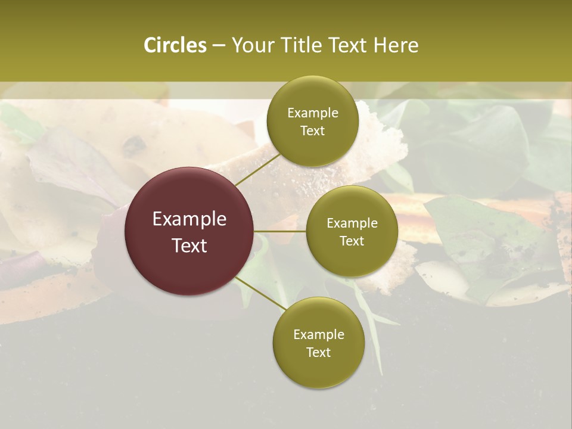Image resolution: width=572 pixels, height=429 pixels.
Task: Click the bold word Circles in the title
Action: [175, 45]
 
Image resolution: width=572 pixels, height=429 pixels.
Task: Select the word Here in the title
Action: [396, 45]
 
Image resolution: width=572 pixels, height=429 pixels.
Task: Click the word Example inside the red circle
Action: [189, 219]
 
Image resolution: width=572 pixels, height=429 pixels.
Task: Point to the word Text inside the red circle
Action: [189, 245]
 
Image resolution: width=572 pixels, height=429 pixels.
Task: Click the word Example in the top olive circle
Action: [312, 113]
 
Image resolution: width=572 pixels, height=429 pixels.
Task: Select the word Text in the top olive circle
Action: [312, 131]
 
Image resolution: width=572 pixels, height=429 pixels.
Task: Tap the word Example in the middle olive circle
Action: [352, 223]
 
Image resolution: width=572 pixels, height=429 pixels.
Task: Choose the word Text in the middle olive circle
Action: [352, 241]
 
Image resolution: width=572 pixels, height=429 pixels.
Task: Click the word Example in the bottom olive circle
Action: [318, 335]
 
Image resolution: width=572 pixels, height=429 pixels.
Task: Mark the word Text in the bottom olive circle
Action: [318, 353]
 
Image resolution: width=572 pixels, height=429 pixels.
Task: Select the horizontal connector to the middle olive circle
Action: [280, 231]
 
